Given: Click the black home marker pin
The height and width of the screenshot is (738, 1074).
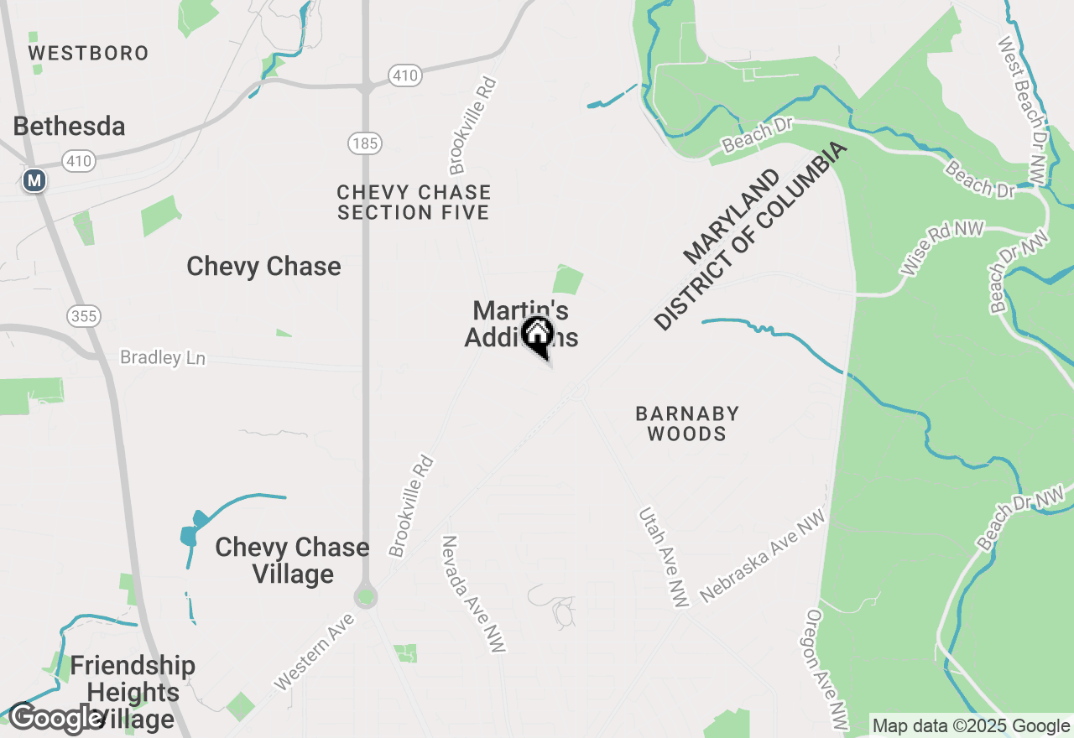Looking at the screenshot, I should pyautogui.click(x=537, y=335).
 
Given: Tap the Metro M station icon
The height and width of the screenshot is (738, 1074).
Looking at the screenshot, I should pyautogui.click(x=34, y=180).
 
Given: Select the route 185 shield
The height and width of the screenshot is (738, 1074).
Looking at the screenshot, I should pyautogui.click(x=365, y=143).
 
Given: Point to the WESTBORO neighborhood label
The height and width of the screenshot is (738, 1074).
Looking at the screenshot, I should pyautogui.click(x=88, y=53).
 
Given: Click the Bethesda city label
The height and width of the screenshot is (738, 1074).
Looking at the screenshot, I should pyautogui.click(x=70, y=127).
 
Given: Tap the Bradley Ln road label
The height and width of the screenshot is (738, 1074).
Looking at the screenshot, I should pyautogui.click(x=163, y=358).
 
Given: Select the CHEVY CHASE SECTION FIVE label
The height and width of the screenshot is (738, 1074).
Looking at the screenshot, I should pyautogui.click(x=413, y=203).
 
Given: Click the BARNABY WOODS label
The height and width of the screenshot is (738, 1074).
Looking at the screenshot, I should pyautogui.click(x=687, y=424).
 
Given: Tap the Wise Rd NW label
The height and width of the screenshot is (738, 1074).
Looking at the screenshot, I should pyautogui.click(x=941, y=250).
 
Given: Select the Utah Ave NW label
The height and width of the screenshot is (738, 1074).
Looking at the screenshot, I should pyautogui.click(x=663, y=556).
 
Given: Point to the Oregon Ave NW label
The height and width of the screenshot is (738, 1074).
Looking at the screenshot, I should pyautogui.click(x=827, y=668).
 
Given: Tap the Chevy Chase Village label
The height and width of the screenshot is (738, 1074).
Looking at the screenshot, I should pyautogui.click(x=292, y=560).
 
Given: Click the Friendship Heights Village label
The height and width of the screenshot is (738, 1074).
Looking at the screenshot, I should pyautogui.click(x=133, y=692).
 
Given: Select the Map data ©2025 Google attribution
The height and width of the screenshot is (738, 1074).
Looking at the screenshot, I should pyautogui.click(x=970, y=726).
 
